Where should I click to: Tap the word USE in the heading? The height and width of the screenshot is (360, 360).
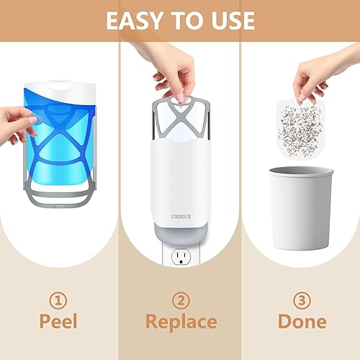231,21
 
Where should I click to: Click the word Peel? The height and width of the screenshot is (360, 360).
58,321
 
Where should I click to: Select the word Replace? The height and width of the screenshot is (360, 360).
181,323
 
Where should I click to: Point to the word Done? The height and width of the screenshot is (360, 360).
302,321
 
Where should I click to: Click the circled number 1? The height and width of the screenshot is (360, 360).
58,300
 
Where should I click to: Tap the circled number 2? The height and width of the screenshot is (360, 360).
181,300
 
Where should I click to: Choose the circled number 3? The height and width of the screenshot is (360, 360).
302,300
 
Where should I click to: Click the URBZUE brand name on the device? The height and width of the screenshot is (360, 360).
181,217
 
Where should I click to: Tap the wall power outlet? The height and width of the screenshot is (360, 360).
181,257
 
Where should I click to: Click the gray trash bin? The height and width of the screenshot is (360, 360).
302,208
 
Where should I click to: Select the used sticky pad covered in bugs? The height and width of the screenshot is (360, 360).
300,129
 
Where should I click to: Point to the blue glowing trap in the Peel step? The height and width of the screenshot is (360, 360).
60,135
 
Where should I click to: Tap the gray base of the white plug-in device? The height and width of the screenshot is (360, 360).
181,233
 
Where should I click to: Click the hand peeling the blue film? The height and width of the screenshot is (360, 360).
18,125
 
